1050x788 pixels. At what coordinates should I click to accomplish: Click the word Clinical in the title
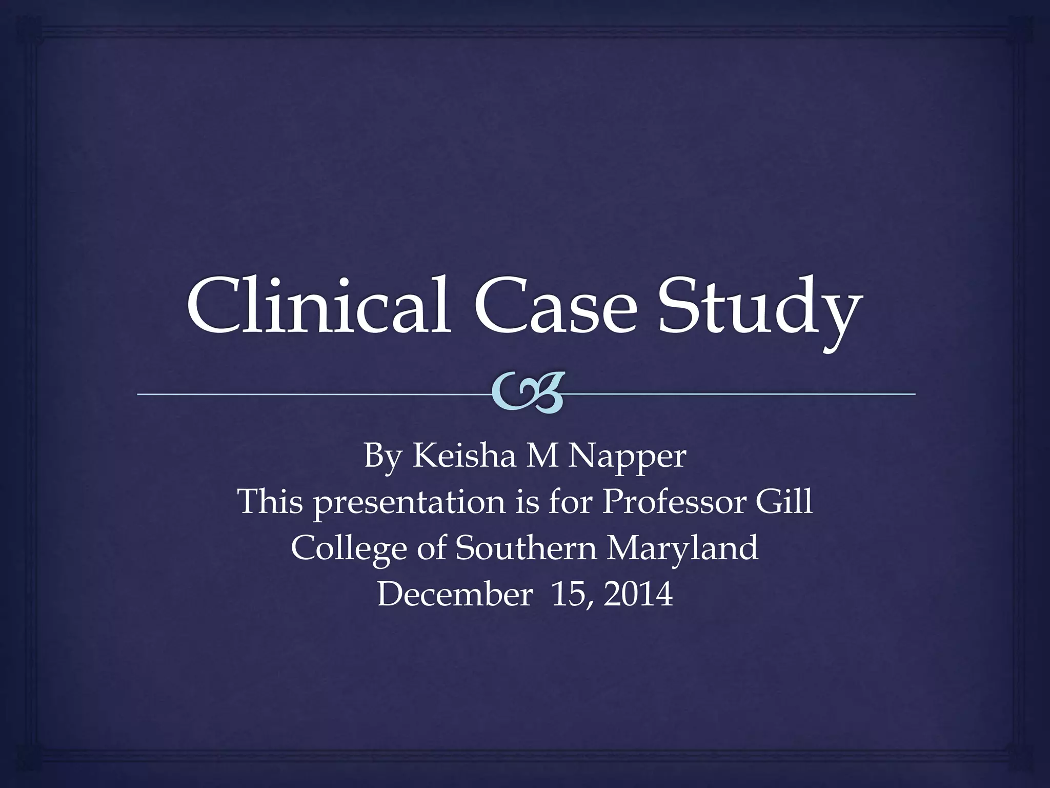pyautogui.click(x=318, y=306)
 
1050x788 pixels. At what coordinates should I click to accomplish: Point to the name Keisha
pyautogui.click(x=464, y=455)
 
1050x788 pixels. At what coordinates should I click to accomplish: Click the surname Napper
pyautogui.click(x=626, y=457)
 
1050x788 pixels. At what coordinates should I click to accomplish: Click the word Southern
pyautogui.click(x=526, y=547)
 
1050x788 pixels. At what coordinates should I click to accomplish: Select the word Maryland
pyautogui.click(x=682, y=548)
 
